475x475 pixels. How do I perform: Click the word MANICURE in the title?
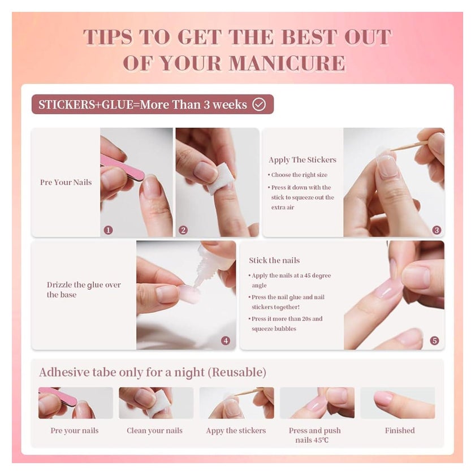pos(287,63)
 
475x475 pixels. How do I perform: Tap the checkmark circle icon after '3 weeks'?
pos(259,105)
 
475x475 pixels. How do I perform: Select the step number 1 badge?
pos(108,230)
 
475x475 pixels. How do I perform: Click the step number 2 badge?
pos(183,230)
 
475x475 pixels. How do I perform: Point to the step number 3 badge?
pos(437,230)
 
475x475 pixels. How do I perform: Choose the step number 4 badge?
pos(226,341)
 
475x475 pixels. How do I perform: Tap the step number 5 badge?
pos(434,341)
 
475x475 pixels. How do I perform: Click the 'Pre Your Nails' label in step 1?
pos(66,182)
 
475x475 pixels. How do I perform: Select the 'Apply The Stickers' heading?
pos(303,160)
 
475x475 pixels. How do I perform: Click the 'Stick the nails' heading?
pos(274,261)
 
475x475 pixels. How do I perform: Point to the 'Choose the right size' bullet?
pos(297,175)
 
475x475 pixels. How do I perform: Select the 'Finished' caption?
pos(400,430)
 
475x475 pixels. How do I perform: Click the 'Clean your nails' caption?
pos(154,431)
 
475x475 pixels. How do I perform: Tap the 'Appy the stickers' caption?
pos(236,431)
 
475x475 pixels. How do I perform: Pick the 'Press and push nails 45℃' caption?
pos(314,435)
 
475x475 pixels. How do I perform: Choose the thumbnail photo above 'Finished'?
pos(398,403)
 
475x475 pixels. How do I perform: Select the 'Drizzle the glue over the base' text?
pos(84,290)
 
